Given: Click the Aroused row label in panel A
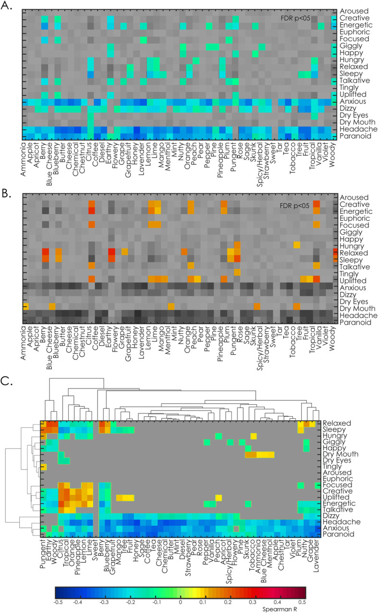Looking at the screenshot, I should (x=353, y=11).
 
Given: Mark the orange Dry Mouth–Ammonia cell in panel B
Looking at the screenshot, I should (x=26, y=307).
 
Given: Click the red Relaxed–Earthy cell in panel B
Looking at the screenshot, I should (x=111, y=252).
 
